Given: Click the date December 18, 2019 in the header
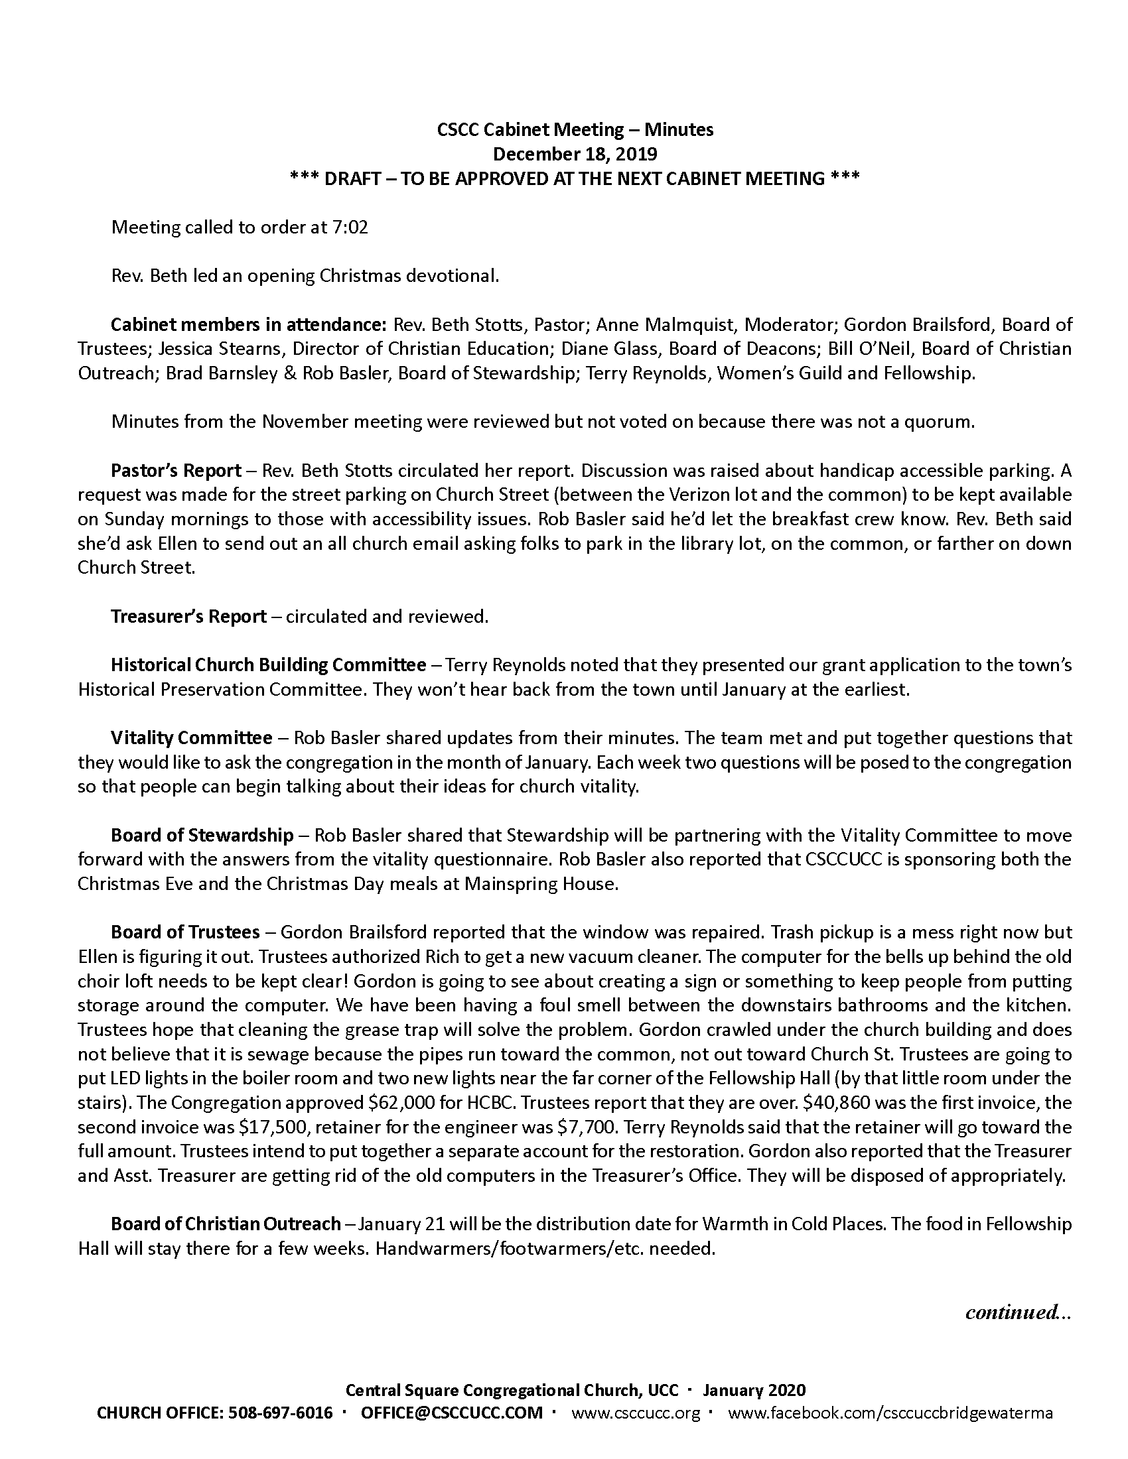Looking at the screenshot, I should [575, 155].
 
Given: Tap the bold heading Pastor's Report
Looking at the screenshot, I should [176, 471].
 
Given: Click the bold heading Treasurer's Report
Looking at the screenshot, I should [188, 616].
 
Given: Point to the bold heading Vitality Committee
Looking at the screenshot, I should [191, 738].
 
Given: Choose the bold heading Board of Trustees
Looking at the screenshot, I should [185, 932].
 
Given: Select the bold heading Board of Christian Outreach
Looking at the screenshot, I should [226, 1224].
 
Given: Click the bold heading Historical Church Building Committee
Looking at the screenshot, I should [268, 665].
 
